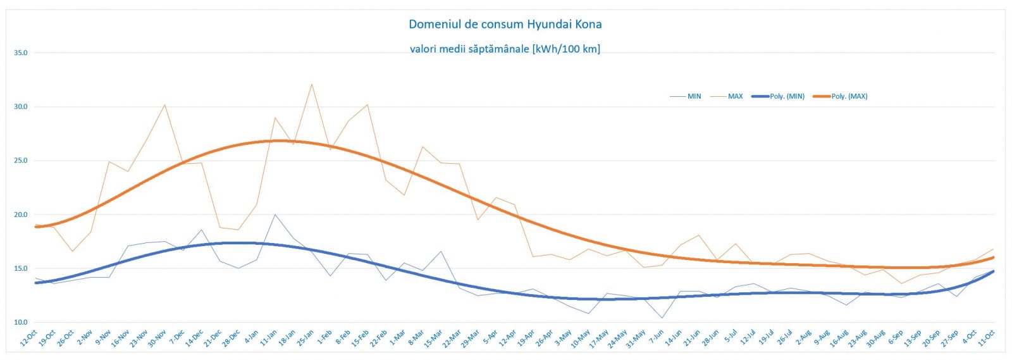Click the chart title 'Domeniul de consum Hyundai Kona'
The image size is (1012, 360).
[505, 25]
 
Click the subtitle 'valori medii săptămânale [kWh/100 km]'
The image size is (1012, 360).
[505, 49]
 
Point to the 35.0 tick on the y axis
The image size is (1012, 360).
[21, 53]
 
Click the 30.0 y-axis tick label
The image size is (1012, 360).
[21, 107]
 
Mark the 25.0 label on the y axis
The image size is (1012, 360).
[21, 161]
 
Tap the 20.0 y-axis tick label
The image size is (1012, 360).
[21, 215]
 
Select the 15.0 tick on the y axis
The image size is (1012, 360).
[21, 269]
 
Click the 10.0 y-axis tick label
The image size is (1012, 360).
[21, 323]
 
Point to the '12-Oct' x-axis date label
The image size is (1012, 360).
[29, 338]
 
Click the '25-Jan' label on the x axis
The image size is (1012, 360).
[305, 338]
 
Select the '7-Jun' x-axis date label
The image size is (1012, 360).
[656, 337]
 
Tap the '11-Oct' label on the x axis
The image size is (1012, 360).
[987, 338]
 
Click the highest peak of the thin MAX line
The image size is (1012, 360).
[312, 84]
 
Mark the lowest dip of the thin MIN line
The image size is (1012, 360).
[662, 318]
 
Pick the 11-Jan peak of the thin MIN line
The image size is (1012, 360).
[275, 214]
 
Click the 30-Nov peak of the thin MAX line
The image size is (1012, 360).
[165, 105]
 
